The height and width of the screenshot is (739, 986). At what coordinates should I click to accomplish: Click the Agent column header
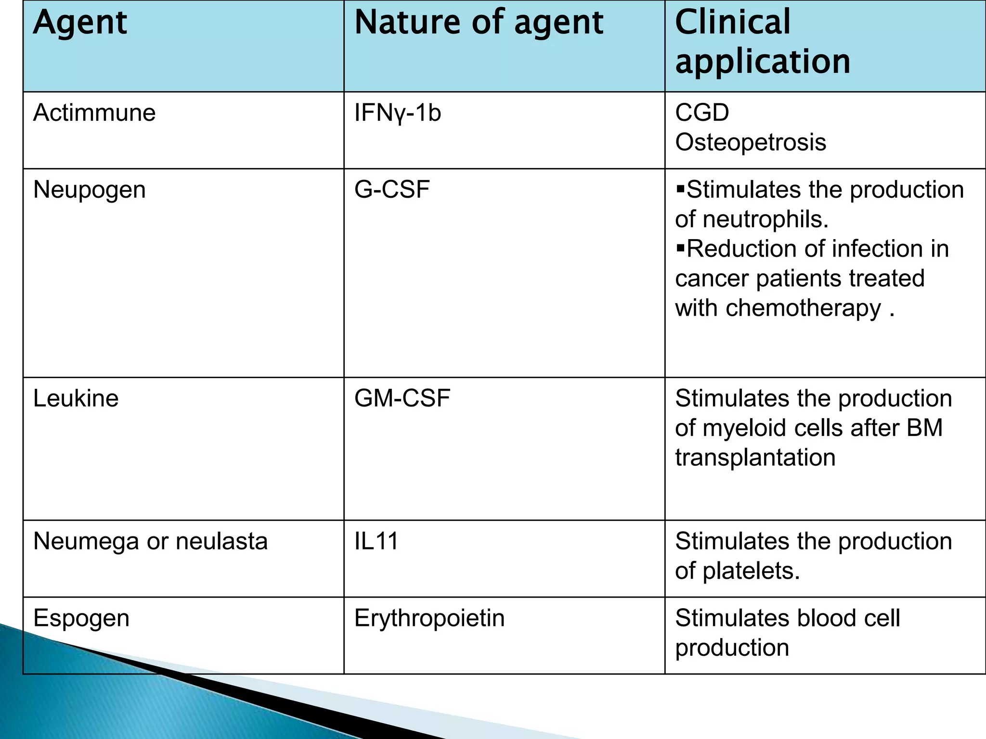(80, 23)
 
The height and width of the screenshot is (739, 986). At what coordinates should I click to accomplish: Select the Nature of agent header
(479, 23)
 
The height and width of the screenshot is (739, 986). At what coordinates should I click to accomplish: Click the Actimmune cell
(94, 113)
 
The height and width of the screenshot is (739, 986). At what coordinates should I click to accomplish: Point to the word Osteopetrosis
(751, 142)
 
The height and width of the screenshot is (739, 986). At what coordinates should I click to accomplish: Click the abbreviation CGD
(702, 113)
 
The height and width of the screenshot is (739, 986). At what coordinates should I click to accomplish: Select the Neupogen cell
(90, 190)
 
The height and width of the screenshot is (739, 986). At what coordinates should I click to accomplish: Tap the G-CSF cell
(392, 190)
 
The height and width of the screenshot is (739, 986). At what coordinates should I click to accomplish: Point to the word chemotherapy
(803, 308)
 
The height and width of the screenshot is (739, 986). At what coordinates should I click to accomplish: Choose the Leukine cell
(76, 398)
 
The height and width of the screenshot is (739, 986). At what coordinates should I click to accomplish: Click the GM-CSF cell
(402, 398)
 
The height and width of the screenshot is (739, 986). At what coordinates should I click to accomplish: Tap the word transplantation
(755, 458)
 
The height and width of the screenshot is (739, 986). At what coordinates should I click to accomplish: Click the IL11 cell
(376, 541)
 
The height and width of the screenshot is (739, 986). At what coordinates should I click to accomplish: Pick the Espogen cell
(81, 619)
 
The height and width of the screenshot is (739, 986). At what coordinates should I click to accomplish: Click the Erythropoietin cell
(429, 618)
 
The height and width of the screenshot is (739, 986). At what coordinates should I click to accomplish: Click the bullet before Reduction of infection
(680, 248)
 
